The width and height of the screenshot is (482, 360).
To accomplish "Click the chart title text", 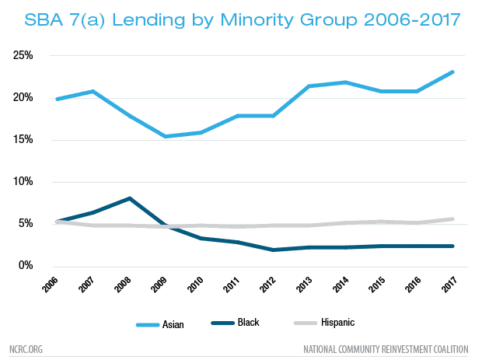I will click(241, 19).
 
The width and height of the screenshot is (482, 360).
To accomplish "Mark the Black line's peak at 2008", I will click(129, 198).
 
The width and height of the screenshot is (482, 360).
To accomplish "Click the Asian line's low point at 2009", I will click(165, 136).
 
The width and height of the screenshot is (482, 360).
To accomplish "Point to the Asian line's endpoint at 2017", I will click(452, 72).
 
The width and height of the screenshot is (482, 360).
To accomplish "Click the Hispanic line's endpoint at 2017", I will click(452, 219).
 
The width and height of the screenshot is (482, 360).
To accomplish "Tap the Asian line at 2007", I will click(93, 92).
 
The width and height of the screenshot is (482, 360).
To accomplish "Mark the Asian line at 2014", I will click(344, 82).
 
